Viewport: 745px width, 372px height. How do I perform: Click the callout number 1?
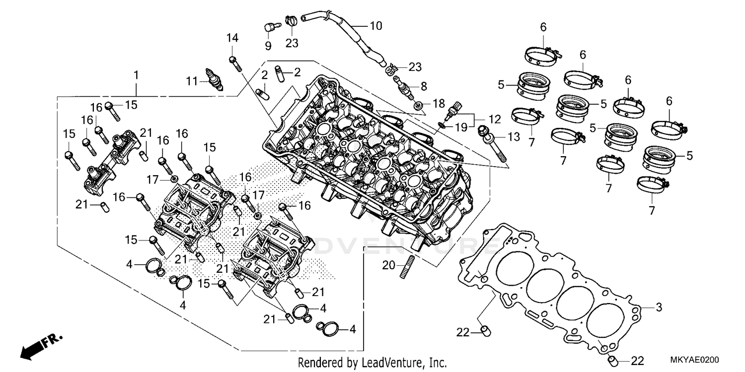136,75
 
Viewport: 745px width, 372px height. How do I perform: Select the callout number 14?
232,38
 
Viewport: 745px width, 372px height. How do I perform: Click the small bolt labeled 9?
269,27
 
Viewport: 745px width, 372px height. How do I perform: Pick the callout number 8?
424,86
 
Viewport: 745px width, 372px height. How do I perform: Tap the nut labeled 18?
419,105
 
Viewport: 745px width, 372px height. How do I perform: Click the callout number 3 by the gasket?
659,308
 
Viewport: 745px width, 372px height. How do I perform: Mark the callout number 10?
376,26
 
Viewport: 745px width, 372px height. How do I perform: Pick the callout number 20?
388,266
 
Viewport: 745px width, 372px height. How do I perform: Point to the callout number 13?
513,136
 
